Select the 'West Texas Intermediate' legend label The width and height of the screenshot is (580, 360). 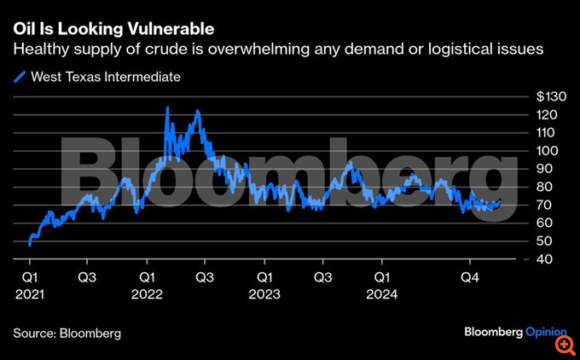[105, 77]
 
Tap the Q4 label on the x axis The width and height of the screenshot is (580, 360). [469, 277]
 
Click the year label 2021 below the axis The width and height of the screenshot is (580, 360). [30, 294]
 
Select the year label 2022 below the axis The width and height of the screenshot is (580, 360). [148, 294]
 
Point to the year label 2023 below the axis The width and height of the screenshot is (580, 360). [265, 294]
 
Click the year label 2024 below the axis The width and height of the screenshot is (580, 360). [382, 294]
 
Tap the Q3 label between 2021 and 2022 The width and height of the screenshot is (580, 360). [88, 277]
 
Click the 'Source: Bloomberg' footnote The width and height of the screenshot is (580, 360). [67, 333]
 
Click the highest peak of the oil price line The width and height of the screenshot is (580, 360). [167, 107]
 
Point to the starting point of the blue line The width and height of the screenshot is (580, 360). [30, 244]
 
